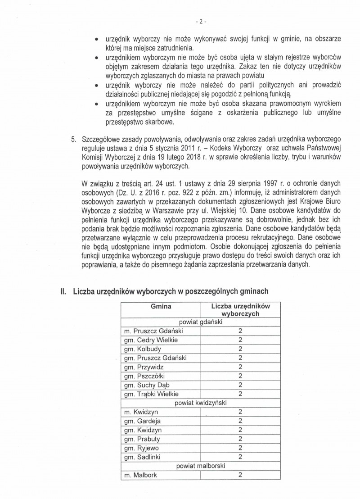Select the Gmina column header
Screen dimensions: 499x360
tap(161, 306)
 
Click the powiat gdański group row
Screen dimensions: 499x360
tap(201, 322)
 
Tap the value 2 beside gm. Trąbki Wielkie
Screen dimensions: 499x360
tap(241, 394)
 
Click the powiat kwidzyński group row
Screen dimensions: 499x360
tap(201, 403)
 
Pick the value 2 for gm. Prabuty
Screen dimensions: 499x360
tap(241, 439)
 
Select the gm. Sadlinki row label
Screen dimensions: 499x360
tap(144, 457)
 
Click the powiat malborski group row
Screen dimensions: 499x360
tap(201, 466)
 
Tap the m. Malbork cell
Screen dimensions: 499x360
tap(141, 475)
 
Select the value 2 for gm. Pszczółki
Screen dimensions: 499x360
tap(241, 376)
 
